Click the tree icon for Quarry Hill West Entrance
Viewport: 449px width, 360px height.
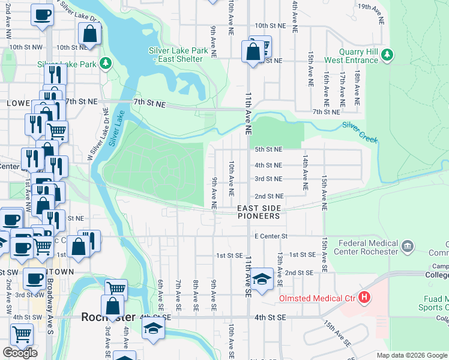pyautogui.click(x=387, y=55)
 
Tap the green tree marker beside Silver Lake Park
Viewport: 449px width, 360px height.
pyautogui.click(x=106, y=63)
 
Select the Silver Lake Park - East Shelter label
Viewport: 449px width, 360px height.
pyautogui.click(x=178, y=55)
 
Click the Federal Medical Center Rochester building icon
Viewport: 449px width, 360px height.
pyautogui.click(x=407, y=247)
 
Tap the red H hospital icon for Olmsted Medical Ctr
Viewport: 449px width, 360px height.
pyautogui.click(x=363, y=298)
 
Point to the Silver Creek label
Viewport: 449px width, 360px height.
pyautogui.click(x=360, y=133)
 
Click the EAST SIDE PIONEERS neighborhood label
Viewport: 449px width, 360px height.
pyautogui.click(x=258, y=212)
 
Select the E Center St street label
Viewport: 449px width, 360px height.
pyautogui.click(x=271, y=236)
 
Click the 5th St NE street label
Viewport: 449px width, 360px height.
pyautogui.click(x=268, y=149)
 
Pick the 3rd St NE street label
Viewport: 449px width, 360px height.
pyautogui.click(x=268, y=179)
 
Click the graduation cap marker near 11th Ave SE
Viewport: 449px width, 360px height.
pyautogui.click(x=261, y=280)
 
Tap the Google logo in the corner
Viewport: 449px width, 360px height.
pyautogui.click(x=20, y=353)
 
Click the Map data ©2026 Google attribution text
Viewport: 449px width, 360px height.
pyautogui.click(x=411, y=355)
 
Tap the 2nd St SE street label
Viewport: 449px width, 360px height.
pyautogui.click(x=300, y=272)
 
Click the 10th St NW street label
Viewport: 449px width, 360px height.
pyautogui.click(x=25, y=47)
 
